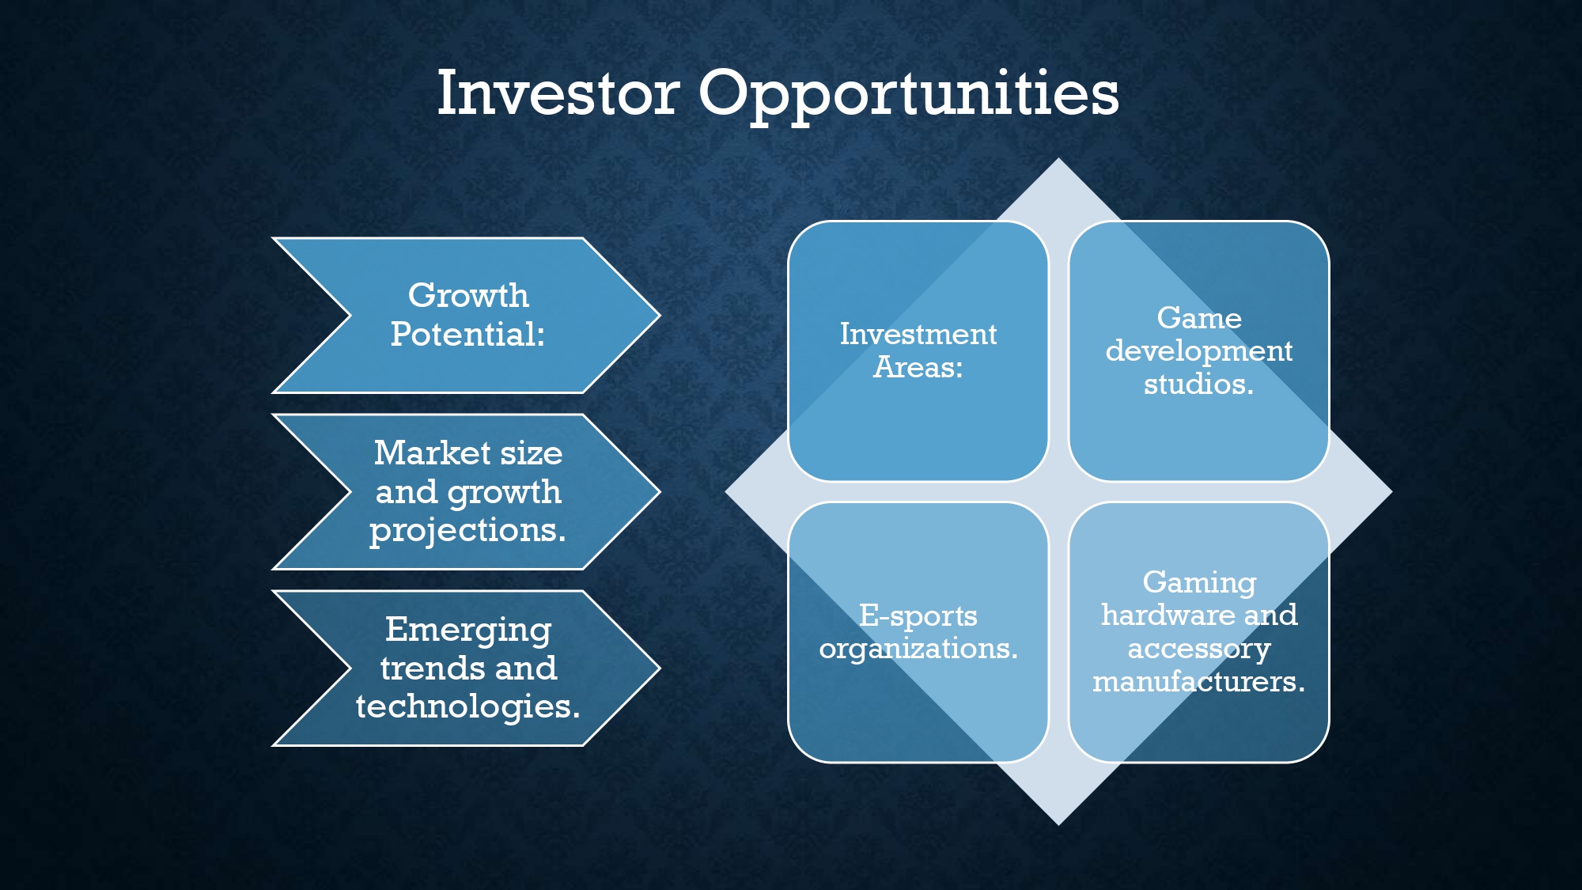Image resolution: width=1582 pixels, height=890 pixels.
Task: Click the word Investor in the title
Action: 558,93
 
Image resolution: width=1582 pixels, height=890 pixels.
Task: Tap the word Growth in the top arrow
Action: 468,295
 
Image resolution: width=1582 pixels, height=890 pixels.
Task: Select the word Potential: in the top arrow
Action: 467,334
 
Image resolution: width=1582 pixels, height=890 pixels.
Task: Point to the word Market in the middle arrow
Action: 432,453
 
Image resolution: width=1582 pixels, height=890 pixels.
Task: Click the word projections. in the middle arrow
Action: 467,531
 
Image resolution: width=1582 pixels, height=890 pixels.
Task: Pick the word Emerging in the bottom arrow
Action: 468,631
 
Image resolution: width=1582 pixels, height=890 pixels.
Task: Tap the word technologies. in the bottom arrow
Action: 467,706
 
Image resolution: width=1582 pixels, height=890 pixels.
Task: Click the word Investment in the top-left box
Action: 918,334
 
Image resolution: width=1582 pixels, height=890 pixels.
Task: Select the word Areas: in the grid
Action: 918,367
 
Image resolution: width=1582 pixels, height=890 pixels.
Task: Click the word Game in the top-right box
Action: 1199,317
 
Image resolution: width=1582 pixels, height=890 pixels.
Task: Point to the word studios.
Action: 1199,384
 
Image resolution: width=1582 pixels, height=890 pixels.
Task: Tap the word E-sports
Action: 918,616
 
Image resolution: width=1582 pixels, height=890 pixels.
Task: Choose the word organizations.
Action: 918,650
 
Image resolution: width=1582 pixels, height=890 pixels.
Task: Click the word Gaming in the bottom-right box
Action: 1199,583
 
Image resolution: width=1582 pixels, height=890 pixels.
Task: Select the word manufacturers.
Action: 1199,681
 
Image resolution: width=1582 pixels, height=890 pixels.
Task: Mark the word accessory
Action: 1199,650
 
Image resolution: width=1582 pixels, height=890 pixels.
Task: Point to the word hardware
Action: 1153,615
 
